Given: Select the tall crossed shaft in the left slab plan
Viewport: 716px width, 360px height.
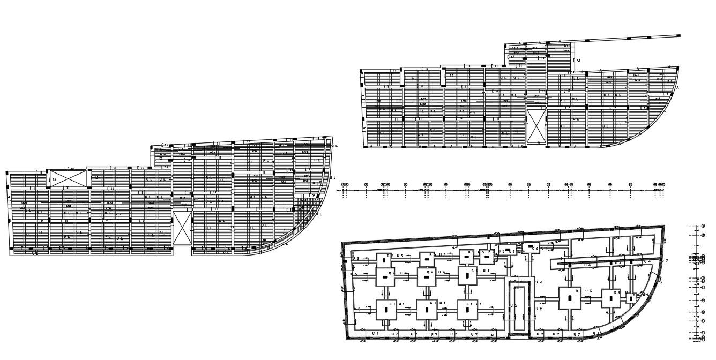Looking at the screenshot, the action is (x=182, y=228).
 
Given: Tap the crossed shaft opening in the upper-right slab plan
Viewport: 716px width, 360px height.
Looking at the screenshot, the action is (x=535, y=126).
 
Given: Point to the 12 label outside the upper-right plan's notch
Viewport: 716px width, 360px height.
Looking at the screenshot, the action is (x=578, y=61).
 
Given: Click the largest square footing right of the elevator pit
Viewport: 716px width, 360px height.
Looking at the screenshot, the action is (x=570, y=298).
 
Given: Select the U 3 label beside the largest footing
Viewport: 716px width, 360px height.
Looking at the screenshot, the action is (x=588, y=291).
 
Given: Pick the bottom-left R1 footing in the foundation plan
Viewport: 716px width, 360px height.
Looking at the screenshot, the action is (x=386, y=310).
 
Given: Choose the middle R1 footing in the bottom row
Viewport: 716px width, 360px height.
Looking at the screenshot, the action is (x=427, y=310).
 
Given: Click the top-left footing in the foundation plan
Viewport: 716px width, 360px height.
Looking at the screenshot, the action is (x=384, y=260).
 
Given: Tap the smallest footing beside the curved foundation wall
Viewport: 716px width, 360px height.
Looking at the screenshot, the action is (x=632, y=297).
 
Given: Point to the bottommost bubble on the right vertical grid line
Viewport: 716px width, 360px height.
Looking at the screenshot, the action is (x=703, y=339).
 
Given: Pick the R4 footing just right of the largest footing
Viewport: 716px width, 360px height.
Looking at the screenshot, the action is (x=610, y=298).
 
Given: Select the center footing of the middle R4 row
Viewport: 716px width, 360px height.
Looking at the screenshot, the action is (x=427, y=276).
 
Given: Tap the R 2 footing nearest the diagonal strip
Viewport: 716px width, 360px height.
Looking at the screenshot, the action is (x=533, y=248).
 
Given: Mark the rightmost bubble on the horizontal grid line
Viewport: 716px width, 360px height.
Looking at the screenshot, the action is (x=663, y=184).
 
